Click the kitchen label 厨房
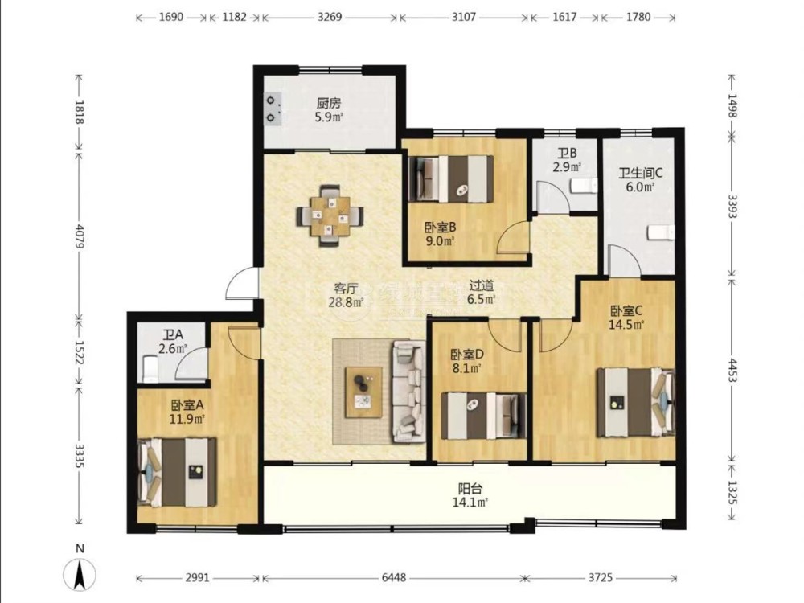[x=329, y=104]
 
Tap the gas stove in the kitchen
[x=273, y=109]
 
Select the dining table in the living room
[x=330, y=215]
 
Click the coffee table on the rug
[x=363, y=392]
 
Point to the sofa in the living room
[x=410, y=391]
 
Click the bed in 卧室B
[x=451, y=178]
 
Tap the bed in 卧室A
[x=178, y=472]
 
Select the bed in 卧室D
[x=484, y=416]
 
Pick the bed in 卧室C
[x=635, y=403]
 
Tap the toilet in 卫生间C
[x=661, y=233]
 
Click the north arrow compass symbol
[x=79, y=573]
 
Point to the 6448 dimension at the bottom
[x=394, y=578]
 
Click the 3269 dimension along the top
[x=330, y=17]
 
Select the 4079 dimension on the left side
[x=80, y=236]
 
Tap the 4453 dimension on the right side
[x=732, y=370]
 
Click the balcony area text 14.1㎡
[x=470, y=503]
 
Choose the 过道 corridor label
[x=481, y=286]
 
